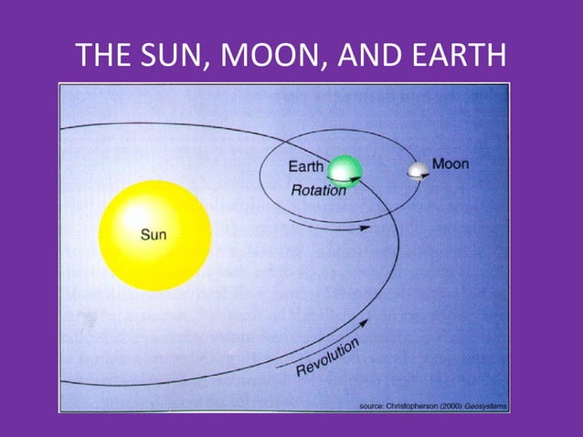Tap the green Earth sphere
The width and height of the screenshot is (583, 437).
[x=344, y=170]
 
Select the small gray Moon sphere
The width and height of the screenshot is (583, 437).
[x=419, y=171]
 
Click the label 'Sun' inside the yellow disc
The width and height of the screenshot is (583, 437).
[x=154, y=235]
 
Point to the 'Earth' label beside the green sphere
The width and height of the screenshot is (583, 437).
[x=306, y=166]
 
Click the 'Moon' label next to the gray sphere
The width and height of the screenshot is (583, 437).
[x=450, y=165]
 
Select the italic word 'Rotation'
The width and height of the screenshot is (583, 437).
[x=318, y=191]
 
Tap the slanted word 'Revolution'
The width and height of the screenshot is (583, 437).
[x=328, y=357]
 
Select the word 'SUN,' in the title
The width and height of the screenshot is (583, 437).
[x=173, y=57]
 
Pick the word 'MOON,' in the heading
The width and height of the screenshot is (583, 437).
[x=274, y=57]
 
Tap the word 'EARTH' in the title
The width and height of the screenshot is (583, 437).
[x=457, y=57]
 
